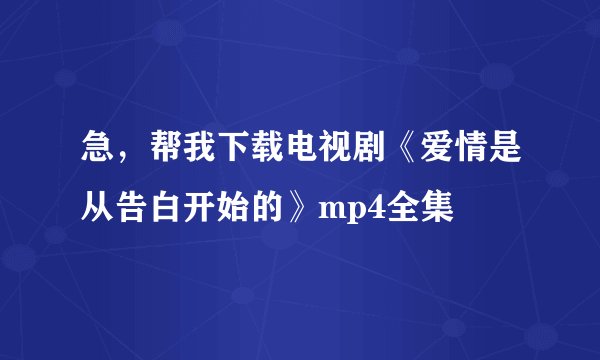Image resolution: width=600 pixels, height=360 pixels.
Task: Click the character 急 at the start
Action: coord(98,157)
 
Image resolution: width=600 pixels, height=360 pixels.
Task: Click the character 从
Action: coord(98,207)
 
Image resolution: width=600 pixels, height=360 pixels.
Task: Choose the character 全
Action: coord(402,207)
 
